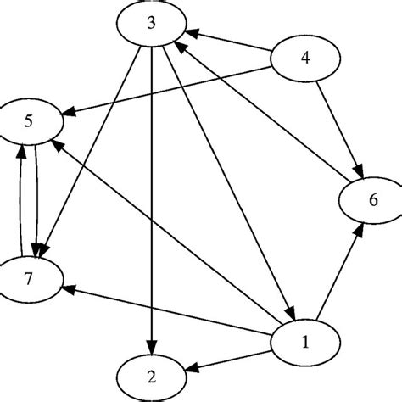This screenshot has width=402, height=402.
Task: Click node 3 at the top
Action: (x=151, y=23)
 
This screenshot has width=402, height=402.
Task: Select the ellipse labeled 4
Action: (x=305, y=60)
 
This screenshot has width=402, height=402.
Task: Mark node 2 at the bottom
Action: (x=152, y=374)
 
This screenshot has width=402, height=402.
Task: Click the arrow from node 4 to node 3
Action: (x=229, y=45)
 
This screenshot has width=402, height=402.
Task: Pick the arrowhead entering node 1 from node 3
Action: (x=289, y=314)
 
